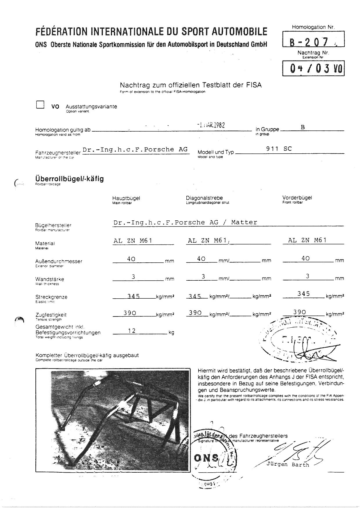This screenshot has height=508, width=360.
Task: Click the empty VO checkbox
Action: pos(40,104)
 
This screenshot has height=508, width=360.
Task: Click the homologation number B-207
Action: pos(309,42)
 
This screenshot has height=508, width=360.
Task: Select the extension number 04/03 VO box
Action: pos(314,68)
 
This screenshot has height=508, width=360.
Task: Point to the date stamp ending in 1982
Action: pos(211,125)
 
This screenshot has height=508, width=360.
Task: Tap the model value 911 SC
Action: pos(279,149)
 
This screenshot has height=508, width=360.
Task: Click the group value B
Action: pos(303,127)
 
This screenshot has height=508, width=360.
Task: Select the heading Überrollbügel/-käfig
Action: pos(69,179)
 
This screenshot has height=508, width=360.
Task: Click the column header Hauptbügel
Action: pos(126,198)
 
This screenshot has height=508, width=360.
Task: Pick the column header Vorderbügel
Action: pos(297,198)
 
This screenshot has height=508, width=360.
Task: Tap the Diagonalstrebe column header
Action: pos(204,198)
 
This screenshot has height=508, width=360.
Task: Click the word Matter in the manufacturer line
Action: pos(244,222)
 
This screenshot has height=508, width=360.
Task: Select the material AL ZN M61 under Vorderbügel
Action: pos(307,240)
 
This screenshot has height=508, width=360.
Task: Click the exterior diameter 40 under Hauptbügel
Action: pos(131,259)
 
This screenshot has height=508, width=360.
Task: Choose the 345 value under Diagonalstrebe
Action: pos(195,296)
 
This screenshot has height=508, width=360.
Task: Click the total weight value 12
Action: pos(132,331)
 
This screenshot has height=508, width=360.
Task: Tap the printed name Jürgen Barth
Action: pos(288,465)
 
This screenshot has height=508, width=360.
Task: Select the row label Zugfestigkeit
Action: pos(51,315)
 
